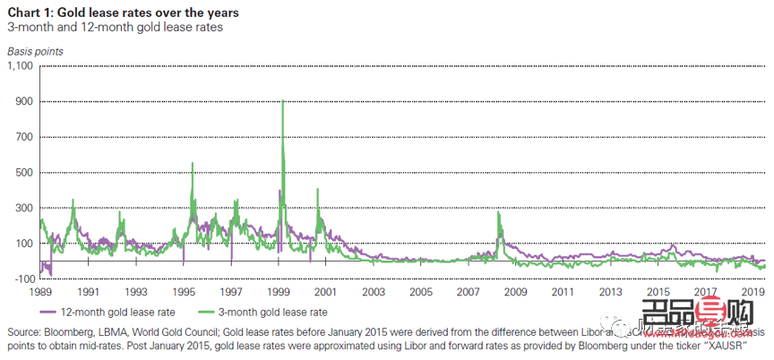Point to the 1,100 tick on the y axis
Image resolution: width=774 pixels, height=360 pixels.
[x=19, y=66]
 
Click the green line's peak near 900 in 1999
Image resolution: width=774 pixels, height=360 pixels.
[x=283, y=101]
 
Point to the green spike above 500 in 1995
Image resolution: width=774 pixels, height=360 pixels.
[x=193, y=163]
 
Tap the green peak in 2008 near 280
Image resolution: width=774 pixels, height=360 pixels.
[x=498, y=212]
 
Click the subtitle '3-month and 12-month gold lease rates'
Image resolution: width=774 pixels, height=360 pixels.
[x=115, y=27]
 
